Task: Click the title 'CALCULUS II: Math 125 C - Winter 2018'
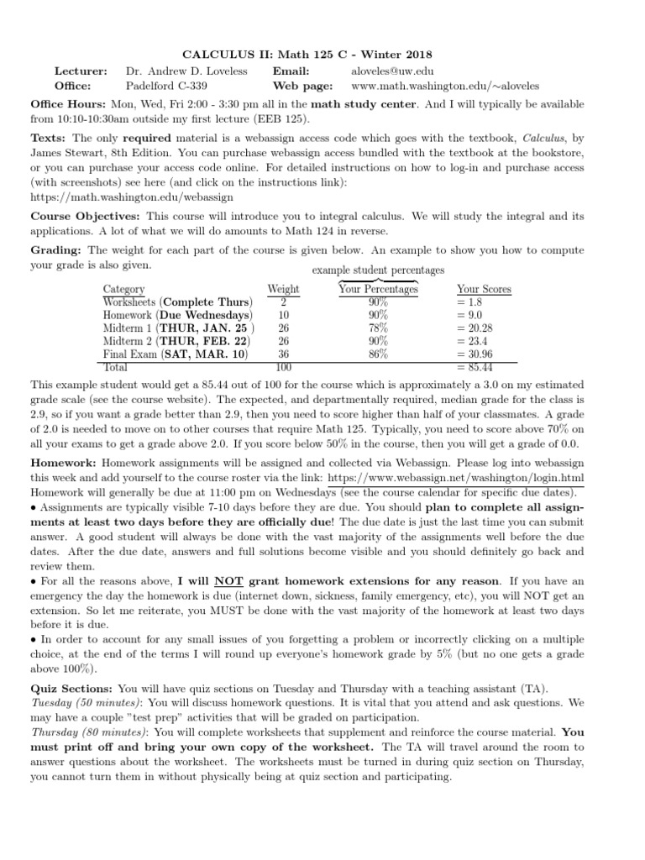[322, 55]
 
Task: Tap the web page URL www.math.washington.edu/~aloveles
[445, 86]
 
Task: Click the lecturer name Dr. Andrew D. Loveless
[186, 71]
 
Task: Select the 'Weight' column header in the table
[283, 289]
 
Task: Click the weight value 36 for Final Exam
[283, 354]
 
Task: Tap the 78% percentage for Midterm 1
[377, 328]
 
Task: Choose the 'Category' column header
[123, 289]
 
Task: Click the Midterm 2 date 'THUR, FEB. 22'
[202, 341]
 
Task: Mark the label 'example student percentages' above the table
[378, 270]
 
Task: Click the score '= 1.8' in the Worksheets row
[469, 302]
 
